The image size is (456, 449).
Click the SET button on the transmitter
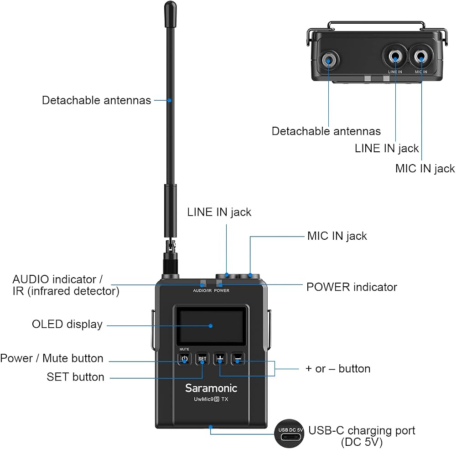coord(202,359)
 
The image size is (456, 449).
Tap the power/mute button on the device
coord(184,359)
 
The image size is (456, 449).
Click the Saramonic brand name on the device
coord(211,388)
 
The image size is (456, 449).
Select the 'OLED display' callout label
coord(67,324)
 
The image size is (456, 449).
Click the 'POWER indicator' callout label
coord(352,287)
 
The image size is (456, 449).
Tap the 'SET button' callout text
coord(76,377)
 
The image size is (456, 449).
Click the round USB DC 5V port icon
coord(289,434)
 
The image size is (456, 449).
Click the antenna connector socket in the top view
coord(329,60)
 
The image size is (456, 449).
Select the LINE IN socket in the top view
coord(395,56)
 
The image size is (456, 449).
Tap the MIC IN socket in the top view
coord(421,56)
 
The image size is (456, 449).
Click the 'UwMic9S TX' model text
coord(211,399)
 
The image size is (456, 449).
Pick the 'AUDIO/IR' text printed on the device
coord(202,290)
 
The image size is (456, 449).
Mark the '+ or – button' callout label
coord(338,369)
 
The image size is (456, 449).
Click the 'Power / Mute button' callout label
coord(52,358)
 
